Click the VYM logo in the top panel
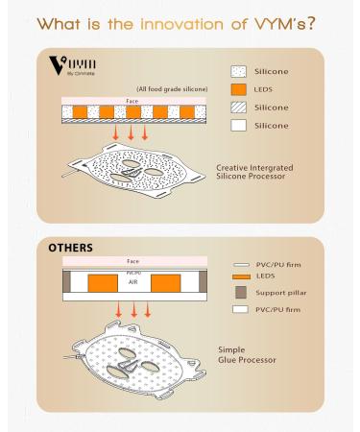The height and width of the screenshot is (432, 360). click(x=72, y=66)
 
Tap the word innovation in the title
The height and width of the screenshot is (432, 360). click(x=181, y=24)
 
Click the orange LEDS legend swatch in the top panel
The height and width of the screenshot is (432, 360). click(x=238, y=89)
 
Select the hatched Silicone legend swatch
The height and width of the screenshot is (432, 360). click(x=238, y=108)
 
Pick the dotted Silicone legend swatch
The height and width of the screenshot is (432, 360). click(x=238, y=72)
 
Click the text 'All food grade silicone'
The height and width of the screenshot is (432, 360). click(x=172, y=89)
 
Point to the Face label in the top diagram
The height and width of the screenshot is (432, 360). click(x=132, y=101)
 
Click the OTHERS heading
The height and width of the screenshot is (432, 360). click(x=70, y=248)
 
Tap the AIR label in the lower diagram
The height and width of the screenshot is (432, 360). click(x=132, y=282)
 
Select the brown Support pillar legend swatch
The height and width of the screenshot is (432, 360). click(x=241, y=293)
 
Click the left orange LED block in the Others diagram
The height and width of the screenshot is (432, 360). click(x=103, y=283)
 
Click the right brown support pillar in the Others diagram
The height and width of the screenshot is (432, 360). click(x=203, y=281)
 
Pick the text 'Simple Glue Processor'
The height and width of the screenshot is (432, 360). click(x=247, y=355)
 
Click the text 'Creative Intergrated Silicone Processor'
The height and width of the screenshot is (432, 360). click(x=254, y=172)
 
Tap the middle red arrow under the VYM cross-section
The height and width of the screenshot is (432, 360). click(x=131, y=132)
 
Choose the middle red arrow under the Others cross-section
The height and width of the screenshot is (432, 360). click(x=134, y=310)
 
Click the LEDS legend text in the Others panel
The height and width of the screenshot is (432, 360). click(x=266, y=276)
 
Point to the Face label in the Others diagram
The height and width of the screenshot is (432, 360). click(x=132, y=261)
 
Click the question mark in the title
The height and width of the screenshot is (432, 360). click(x=310, y=23)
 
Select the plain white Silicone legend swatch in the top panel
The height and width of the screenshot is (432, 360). click(x=238, y=126)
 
